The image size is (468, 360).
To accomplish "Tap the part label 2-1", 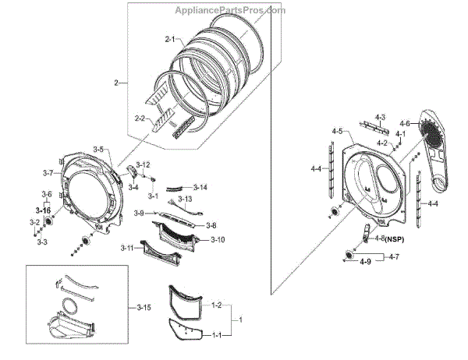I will point(171,39).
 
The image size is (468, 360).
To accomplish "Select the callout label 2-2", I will point(140,118).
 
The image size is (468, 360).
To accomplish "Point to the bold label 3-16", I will point(42,210).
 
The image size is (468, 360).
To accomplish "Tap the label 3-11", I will point(128,248).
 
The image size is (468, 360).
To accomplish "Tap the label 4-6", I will point(405,124).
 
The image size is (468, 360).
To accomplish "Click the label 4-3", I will point(380,117).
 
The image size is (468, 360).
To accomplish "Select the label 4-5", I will point(337,132).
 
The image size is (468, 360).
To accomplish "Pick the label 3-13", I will point(185,199).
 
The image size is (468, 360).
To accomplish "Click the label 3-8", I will point(210,225).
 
